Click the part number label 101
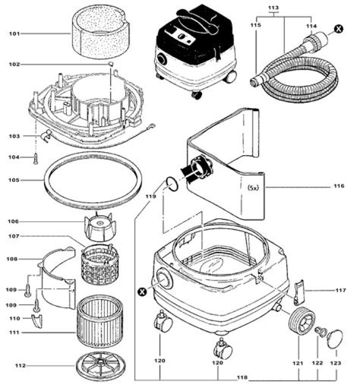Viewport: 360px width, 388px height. coord(14,34)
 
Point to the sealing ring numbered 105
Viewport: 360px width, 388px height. coord(93,180)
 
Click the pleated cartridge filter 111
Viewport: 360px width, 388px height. coord(100,321)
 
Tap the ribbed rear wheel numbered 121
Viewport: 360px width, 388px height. coord(302,321)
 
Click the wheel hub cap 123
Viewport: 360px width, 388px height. coord(335,339)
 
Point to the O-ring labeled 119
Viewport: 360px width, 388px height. coord(172,184)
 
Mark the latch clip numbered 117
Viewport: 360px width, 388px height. coord(299,292)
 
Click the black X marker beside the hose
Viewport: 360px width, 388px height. coord(339,29)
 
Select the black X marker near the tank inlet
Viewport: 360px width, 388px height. coord(142,291)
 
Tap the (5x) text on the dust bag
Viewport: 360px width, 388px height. coord(253,188)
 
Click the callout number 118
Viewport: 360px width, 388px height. coord(242,377)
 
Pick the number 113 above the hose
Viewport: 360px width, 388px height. coord(273,8)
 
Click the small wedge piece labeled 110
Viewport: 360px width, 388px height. coord(37,321)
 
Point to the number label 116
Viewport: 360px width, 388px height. coord(339,186)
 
